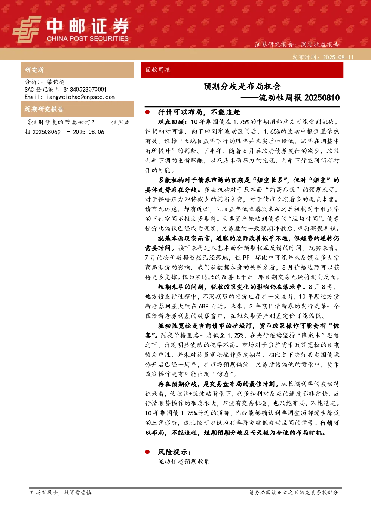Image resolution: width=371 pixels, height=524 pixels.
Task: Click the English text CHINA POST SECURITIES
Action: click(88, 38)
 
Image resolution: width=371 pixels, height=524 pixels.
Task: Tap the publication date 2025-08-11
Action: click(338, 57)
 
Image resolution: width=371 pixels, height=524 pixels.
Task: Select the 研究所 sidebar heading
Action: click(34, 70)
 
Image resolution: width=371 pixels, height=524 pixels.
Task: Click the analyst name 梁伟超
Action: click(56, 82)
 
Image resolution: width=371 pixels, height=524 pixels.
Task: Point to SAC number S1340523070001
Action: click(85, 89)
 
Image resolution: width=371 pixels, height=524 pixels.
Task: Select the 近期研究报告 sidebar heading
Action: click(44, 109)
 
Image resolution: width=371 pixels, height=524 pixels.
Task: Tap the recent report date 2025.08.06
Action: click(89, 132)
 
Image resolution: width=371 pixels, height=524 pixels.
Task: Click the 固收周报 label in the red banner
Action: click(158, 70)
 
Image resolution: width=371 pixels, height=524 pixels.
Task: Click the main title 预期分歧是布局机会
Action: click(242, 87)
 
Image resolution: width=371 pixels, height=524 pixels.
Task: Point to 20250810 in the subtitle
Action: click(322, 97)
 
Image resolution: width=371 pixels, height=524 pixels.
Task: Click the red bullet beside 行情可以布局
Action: click(147, 112)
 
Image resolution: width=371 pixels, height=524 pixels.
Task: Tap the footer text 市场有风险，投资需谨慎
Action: click(61, 493)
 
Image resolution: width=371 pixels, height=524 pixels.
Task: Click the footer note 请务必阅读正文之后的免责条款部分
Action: click(294, 493)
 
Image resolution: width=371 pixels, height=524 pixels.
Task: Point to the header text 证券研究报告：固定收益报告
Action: click(297, 44)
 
